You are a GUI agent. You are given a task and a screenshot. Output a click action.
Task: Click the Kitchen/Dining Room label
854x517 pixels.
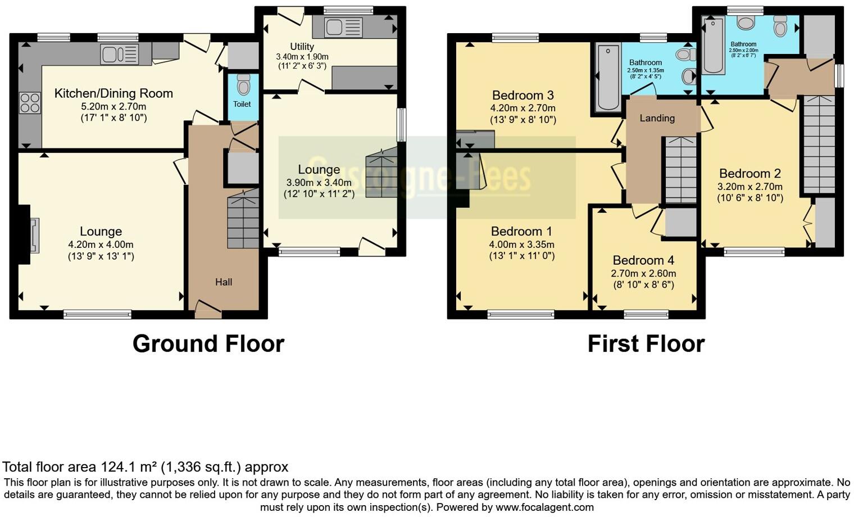tap(113, 93)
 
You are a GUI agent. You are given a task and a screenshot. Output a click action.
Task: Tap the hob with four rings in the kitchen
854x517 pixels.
tap(30, 103)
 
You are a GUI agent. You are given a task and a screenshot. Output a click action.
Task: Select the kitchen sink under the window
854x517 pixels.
tap(119, 55)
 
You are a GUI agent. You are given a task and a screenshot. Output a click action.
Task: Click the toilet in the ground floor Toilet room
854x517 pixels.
tap(243, 85)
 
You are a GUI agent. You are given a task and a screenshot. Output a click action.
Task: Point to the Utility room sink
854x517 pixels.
tap(337, 27)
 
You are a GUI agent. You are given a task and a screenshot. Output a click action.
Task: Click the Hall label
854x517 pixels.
tap(223, 282)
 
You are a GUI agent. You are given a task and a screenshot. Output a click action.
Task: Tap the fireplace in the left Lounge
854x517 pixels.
tap(33, 235)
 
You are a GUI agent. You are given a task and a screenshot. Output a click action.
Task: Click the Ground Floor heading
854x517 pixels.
tap(208, 343)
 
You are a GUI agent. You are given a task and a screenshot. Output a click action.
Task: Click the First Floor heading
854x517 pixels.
tap(646, 343)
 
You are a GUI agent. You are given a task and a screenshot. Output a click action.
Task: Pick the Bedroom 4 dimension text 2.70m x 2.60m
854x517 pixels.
tap(643, 273)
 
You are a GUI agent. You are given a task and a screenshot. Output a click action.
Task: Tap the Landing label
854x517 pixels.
tap(657, 118)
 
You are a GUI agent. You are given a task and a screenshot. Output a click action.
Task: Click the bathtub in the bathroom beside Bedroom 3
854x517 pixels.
tap(607, 78)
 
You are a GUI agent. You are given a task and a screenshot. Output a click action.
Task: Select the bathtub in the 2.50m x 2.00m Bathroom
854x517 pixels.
tap(712, 45)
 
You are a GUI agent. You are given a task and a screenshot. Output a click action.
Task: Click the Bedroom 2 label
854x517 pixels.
tap(749, 173)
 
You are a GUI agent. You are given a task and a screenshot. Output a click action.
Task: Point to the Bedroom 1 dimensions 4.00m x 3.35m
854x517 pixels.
tap(521, 244)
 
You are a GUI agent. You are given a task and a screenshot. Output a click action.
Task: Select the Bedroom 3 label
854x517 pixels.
tap(523, 95)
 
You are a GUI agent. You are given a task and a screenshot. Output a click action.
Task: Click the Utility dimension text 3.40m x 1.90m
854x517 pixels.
tap(302, 57)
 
